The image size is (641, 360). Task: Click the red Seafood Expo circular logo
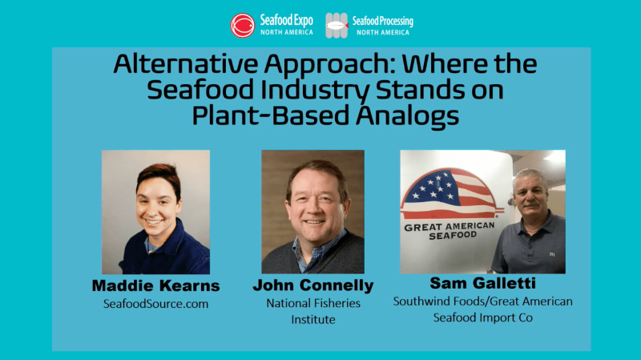(243, 25)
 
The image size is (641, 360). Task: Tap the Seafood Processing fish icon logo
(337, 25)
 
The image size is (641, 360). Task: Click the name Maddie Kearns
(155, 285)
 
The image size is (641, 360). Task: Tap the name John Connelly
(313, 285)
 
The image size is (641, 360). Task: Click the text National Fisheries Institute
(313, 311)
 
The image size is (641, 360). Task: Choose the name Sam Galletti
(482, 284)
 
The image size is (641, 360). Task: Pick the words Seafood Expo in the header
(280, 20)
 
